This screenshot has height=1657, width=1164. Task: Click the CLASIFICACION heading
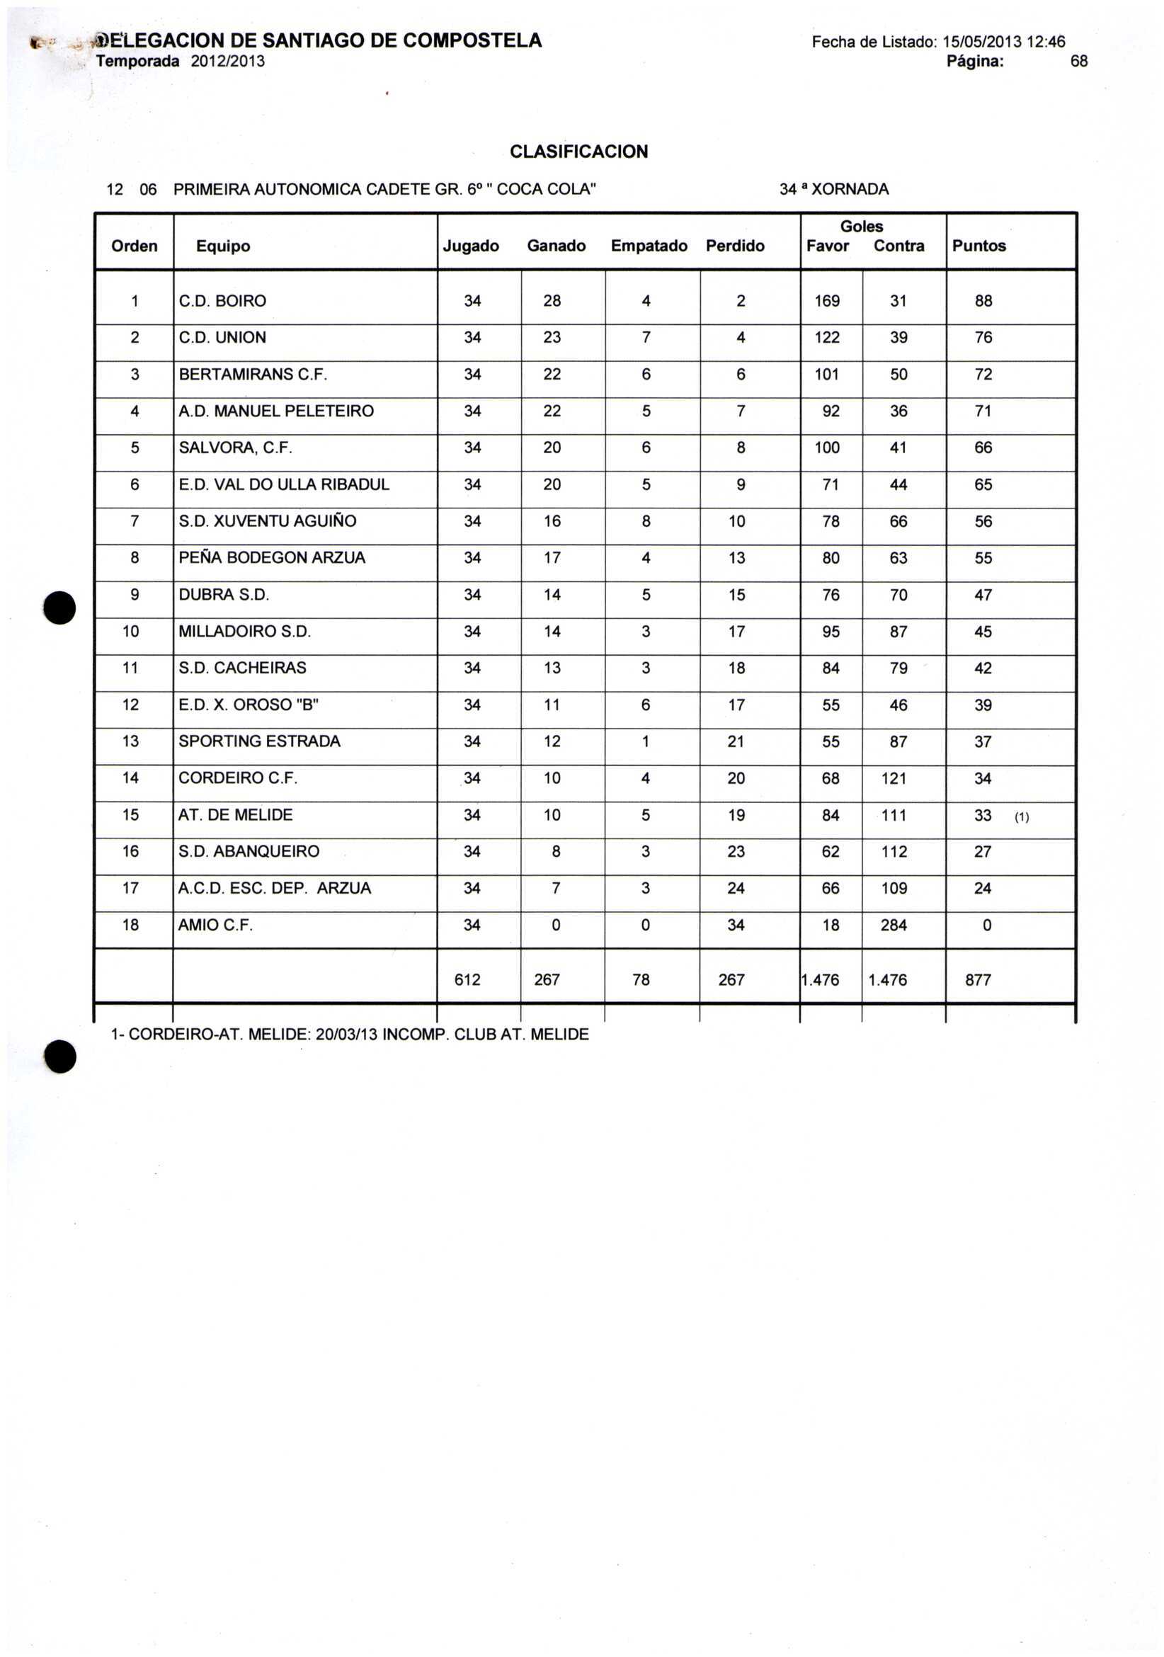click(x=578, y=152)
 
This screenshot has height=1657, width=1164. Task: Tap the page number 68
click(x=1078, y=62)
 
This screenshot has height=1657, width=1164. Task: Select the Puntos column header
click(x=978, y=246)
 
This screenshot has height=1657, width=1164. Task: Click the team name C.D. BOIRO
click(x=222, y=301)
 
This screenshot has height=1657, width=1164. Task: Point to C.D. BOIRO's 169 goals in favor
click(x=826, y=301)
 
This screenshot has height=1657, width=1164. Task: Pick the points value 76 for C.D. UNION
click(x=983, y=338)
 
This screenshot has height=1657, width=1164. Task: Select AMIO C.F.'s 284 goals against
click(x=893, y=926)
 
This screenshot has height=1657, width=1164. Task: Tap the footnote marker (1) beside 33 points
click(x=1021, y=818)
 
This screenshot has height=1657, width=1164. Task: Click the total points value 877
click(x=978, y=980)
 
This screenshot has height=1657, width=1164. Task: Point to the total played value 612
click(x=467, y=980)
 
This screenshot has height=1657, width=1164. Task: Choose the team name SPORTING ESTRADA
click(x=259, y=741)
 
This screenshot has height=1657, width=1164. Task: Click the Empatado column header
click(x=649, y=246)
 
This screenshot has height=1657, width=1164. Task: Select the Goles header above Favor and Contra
click(x=861, y=227)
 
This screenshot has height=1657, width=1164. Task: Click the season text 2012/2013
click(x=227, y=62)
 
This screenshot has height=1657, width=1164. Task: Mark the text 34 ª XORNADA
click(x=833, y=190)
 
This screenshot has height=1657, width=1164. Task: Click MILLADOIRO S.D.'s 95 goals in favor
click(x=831, y=632)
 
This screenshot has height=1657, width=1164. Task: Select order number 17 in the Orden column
click(x=130, y=889)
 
